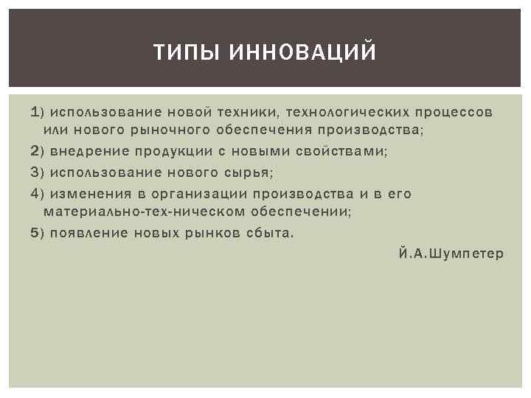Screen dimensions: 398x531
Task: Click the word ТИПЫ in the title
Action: click(181, 53)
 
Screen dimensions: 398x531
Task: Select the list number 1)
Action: click(38, 112)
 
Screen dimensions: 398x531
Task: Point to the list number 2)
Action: click(38, 152)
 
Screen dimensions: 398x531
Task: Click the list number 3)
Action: click(38, 172)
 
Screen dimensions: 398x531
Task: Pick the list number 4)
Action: click(38, 193)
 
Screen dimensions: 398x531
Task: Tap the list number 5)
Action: click(38, 233)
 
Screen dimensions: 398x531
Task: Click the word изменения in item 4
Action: click(89, 193)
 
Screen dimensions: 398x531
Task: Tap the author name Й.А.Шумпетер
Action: click(451, 254)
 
